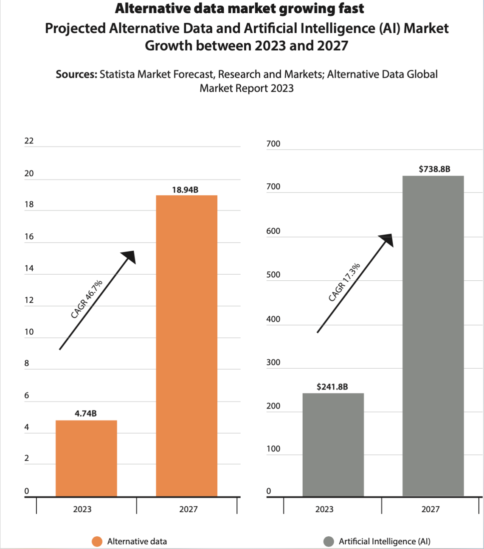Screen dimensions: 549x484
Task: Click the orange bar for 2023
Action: tap(86, 458)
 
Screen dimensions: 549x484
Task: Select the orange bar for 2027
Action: tap(186, 346)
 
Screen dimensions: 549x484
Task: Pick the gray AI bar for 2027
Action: tap(433, 336)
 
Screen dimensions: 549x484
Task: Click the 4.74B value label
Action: tap(86, 414)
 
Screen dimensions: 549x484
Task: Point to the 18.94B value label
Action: tap(185, 190)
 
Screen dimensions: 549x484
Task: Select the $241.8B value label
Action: tap(332, 387)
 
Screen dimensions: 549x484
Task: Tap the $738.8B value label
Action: tap(434, 169)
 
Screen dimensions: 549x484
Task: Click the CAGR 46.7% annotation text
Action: tap(87, 299)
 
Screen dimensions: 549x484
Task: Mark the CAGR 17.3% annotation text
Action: tap(344, 283)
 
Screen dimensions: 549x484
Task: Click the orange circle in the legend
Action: tap(97, 541)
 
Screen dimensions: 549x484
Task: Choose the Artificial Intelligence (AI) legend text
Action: tap(384, 541)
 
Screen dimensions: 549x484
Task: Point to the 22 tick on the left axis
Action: tap(29, 141)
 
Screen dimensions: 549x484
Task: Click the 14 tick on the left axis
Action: tap(29, 268)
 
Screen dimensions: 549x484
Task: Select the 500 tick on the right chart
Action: tap(273, 274)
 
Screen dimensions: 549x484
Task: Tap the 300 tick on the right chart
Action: tap(273, 362)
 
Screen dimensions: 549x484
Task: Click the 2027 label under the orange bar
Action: tap(188, 509)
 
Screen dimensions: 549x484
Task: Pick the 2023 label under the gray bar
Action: tap(324, 509)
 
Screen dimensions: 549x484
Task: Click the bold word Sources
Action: tap(76, 74)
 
